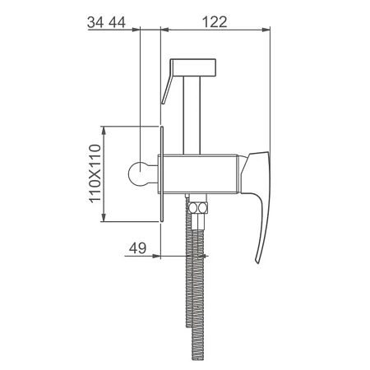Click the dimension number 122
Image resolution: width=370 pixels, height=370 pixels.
215,22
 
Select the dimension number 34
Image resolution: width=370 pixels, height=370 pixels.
95,22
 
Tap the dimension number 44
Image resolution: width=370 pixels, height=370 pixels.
118,22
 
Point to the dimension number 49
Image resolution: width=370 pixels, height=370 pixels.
137,248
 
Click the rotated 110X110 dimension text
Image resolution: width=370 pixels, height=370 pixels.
95,173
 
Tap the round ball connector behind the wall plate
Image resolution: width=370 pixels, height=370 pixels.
139,173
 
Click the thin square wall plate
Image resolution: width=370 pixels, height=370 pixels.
162,174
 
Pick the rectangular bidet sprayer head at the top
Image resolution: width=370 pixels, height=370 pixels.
193,67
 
